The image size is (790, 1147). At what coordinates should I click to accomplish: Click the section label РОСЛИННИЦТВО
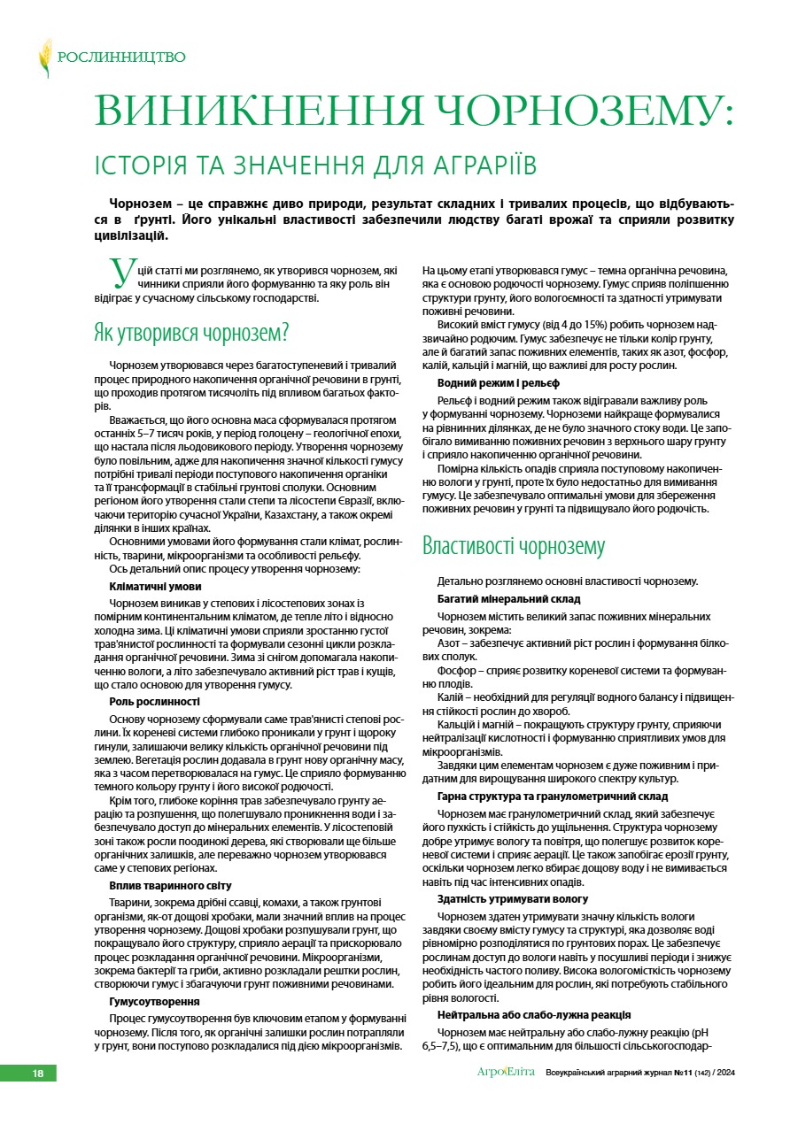pyautogui.click(x=121, y=58)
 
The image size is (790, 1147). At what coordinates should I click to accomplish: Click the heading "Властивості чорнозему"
pyautogui.click(x=514, y=545)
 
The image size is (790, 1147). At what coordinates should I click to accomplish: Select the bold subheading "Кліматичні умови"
pyautogui.click(x=155, y=586)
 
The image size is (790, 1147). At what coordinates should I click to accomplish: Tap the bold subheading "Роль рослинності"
pyautogui.click(x=154, y=702)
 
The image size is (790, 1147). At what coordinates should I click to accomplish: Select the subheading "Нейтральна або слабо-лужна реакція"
pyautogui.click(x=534, y=1014)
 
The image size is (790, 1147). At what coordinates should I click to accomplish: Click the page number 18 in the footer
pyautogui.click(x=38, y=1074)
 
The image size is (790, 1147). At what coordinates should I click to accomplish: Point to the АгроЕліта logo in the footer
pyautogui.click(x=506, y=1073)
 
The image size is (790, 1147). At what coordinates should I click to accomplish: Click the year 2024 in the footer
pyautogui.click(x=726, y=1074)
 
